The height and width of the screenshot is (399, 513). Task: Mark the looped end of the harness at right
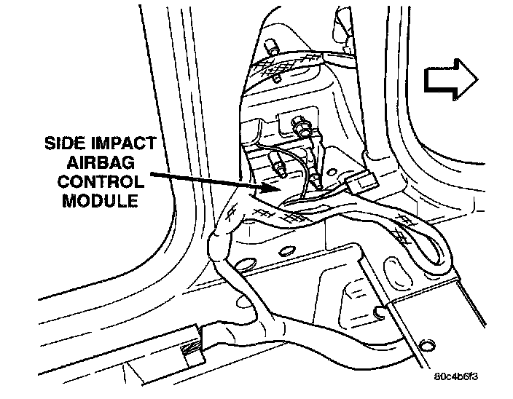435,248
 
